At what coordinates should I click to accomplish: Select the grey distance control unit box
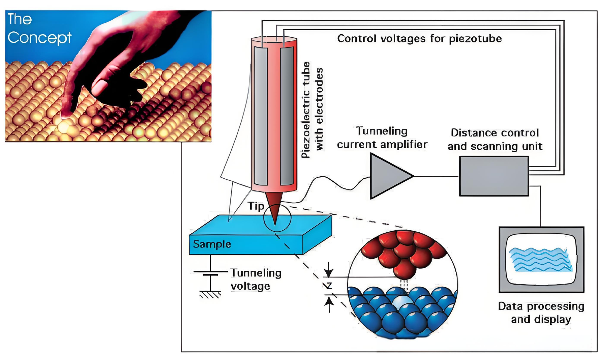(x=494, y=176)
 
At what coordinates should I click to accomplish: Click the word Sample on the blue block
(x=212, y=244)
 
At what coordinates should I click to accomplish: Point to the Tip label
(x=256, y=206)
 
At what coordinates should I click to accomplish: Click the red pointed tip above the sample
(x=274, y=207)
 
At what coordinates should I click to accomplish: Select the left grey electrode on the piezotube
(x=261, y=116)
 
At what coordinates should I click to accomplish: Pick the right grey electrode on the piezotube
(x=287, y=116)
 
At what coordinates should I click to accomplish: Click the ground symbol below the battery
(x=210, y=294)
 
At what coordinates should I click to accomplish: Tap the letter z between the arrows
(x=329, y=285)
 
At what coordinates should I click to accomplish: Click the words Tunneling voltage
(x=255, y=279)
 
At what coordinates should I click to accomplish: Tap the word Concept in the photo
(x=39, y=38)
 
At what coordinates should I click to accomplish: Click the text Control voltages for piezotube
(x=419, y=38)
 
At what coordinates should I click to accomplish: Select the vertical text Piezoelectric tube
(x=306, y=110)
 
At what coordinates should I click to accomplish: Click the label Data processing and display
(x=541, y=312)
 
